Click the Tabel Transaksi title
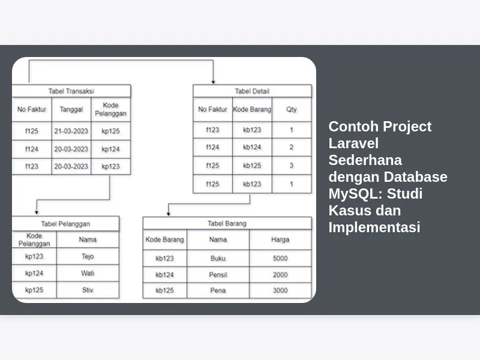tap(71, 91)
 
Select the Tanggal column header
tap(71, 109)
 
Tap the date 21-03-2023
tap(71, 131)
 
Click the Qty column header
tap(292, 109)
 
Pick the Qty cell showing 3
tap(292, 166)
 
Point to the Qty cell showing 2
tap(292, 147)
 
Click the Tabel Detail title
tap(252, 91)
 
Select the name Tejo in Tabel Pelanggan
tap(88, 257)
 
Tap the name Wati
tap(88, 273)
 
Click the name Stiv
tap(88, 290)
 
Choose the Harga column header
tap(280, 239)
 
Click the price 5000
tap(280, 259)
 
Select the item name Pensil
tap(218, 275)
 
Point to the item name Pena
tap(218, 290)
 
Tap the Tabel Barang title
tap(227, 223)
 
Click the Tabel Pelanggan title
tap(65, 224)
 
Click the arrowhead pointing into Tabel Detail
tap(214, 82)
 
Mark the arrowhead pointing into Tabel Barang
tap(169, 214)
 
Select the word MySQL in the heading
tap(355, 194)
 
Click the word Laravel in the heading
tap(353, 143)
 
